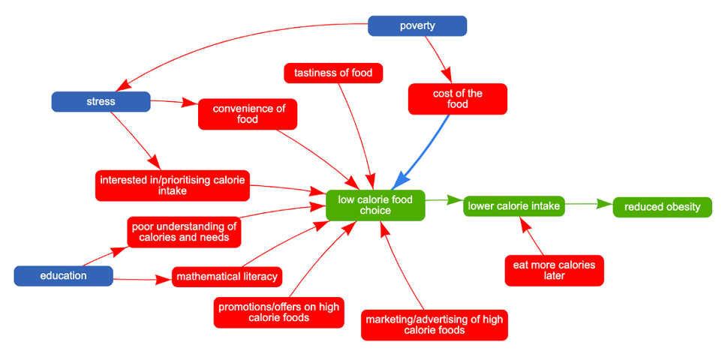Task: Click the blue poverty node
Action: (417, 26)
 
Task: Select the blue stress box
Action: (101, 101)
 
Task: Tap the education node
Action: (64, 276)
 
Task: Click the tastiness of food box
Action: (334, 73)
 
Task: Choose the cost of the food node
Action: (458, 99)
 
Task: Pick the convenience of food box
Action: (248, 114)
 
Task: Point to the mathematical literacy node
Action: (227, 277)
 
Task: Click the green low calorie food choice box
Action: (375, 205)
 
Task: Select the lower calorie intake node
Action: (514, 205)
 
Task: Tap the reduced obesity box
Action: (662, 207)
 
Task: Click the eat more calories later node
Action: (554, 270)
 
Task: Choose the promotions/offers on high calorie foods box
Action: (278, 312)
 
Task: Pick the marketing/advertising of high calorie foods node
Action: (434, 325)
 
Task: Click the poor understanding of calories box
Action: (184, 232)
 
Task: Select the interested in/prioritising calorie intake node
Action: (172, 185)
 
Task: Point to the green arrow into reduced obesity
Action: (588, 204)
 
